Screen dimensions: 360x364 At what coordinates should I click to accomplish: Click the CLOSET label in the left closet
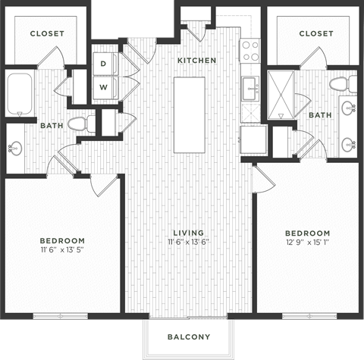tap(47, 34)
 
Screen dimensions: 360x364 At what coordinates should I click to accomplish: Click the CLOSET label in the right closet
tap(315, 34)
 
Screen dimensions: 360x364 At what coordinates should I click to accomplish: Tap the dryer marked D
tap(103, 64)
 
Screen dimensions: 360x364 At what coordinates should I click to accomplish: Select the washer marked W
tap(103, 87)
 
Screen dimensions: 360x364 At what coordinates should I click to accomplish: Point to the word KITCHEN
tap(197, 60)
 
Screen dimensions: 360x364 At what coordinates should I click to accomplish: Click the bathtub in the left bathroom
tap(19, 93)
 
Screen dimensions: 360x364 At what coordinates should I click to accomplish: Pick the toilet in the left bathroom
tap(79, 124)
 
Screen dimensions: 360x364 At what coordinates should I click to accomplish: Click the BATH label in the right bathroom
tap(319, 115)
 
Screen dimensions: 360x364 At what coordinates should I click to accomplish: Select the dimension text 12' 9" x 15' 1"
tap(307, 243)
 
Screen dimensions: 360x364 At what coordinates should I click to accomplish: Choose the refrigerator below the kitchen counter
tap(253, 139)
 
